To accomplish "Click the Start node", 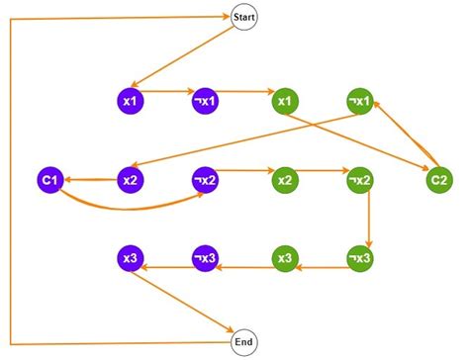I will pos(243,17).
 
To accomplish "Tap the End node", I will pos(243,342).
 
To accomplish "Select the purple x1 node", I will pos(131,101).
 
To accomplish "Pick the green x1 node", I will pos(285,101).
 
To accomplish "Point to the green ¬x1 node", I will pos(360,101).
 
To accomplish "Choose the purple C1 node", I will pos(52,180).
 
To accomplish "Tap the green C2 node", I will pos(437,180).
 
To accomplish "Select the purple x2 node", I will pos(131,180).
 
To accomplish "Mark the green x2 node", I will pos(285,180).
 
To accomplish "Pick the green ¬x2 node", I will pos(360,180).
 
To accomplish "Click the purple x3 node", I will pos(131,259).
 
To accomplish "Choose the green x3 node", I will pos(285,259).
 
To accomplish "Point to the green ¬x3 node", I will pos(360,259).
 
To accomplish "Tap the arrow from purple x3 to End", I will pos(188,302).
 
